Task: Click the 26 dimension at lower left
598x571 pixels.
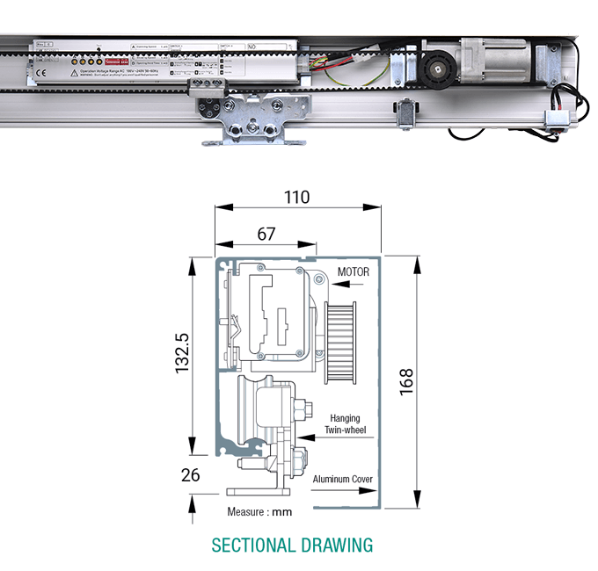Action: point(190,474)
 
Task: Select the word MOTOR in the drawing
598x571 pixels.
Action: point(353,272)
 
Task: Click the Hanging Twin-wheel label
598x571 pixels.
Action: point(346,424)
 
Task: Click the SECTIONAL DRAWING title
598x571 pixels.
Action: point(292,545)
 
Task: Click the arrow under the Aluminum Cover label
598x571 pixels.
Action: point(342,492)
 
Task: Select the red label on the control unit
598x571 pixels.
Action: point(116,62)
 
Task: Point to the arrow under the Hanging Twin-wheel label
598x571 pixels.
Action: point(334,437)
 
